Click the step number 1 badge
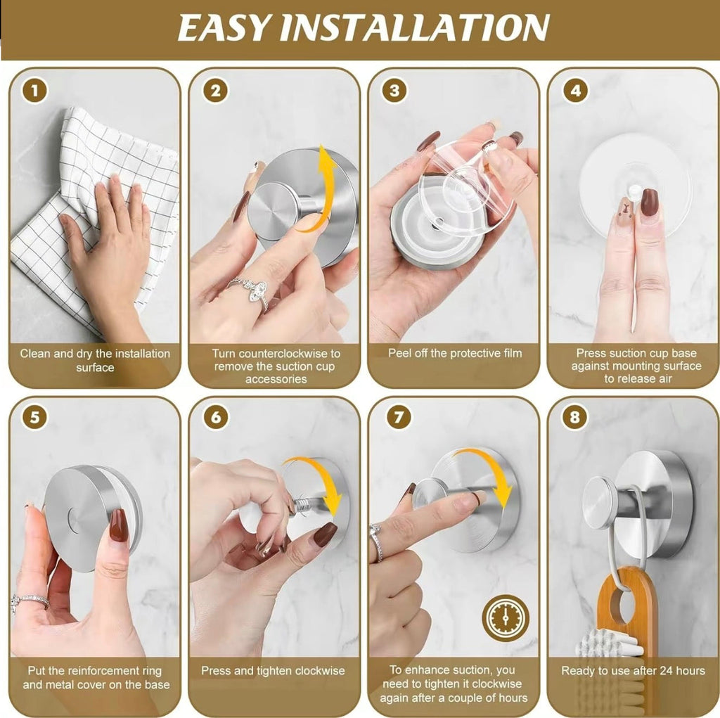[x=35, y=91]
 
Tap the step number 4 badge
[x=575, y=91]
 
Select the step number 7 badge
[x=398, y=417]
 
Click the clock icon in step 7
[x=505, y=617]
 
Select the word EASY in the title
[x=224, y=28]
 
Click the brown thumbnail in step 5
[x=118, y=525]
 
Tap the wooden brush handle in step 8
[x=627, y=605]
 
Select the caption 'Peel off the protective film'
[x=455, y=353]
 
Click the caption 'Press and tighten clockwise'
[x=273, y=670]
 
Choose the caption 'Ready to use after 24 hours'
[x=633, y=670]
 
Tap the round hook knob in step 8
[x=599, y=503]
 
